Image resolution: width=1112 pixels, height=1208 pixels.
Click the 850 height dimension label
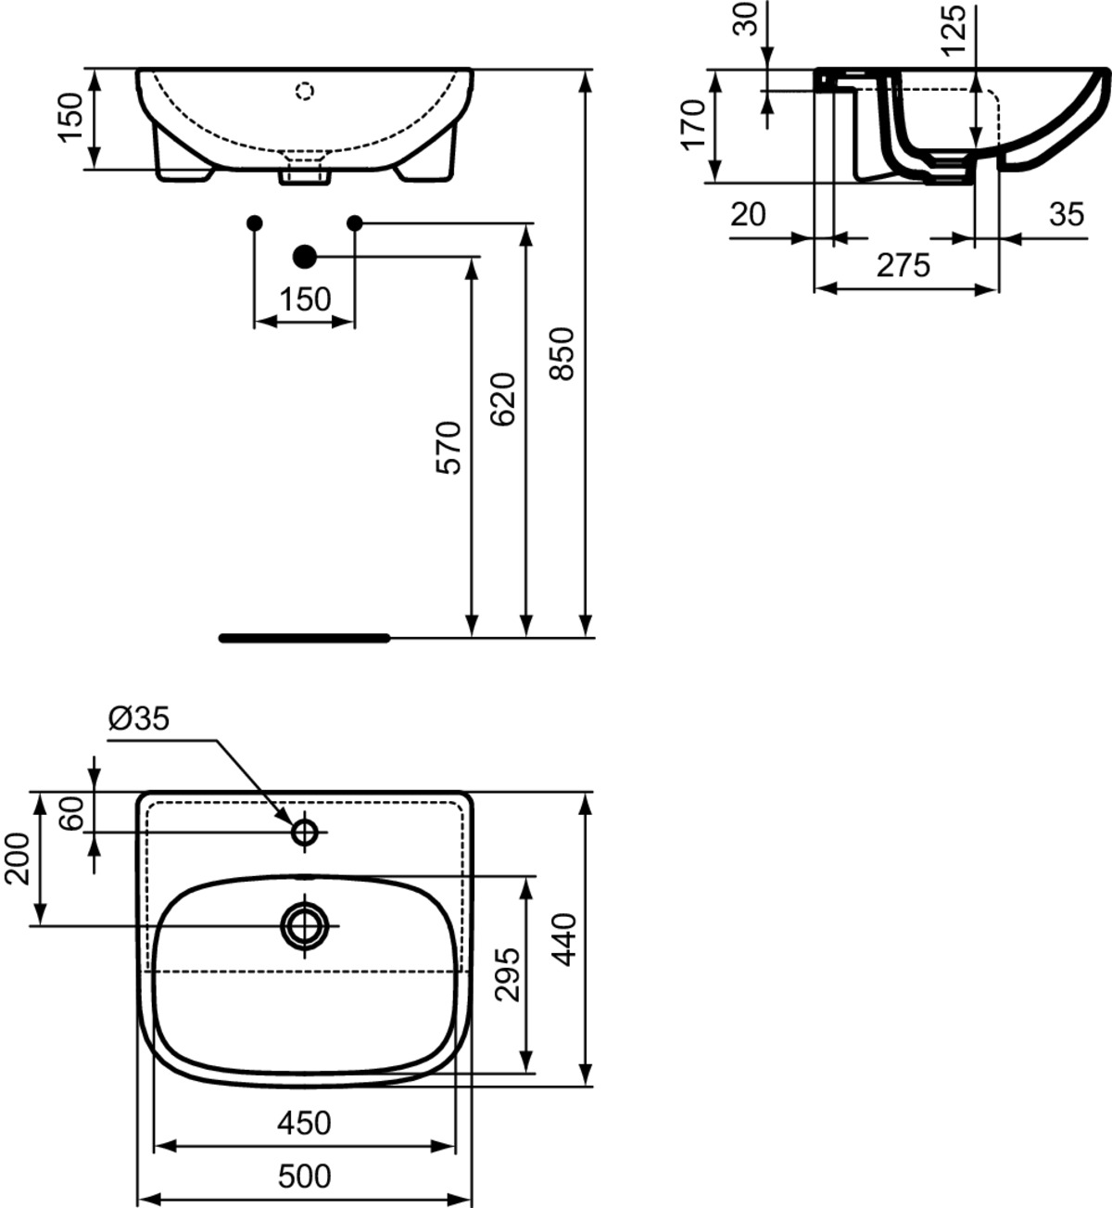(x=562, y=353)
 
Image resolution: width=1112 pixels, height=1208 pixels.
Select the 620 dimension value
(x=503, y=400)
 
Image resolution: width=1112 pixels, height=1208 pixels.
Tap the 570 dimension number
(x=449, y=448)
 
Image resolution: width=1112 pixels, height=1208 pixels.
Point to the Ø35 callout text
(x=139, y=718)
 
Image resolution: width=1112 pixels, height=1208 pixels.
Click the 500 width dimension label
(x=305, y=1176)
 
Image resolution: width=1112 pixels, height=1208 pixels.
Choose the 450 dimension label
(x=305, y=1123)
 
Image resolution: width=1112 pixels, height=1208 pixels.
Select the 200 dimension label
(x=17, y=858)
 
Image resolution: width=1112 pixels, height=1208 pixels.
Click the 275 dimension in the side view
(x=903, y=265)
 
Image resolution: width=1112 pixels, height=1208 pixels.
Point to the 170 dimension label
(x=693, y=134)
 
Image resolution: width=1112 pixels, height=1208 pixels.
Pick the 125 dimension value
(x=953, y=31)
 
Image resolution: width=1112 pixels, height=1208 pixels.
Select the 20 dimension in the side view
(x=749, y=214)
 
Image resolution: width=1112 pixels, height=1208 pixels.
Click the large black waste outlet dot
(x=305, y=257)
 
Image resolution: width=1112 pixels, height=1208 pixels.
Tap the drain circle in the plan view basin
(x=305, y=925)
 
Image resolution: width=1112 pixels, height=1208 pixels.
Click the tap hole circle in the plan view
(x=305, y=833)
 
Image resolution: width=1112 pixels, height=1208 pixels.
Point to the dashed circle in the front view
(x=305, y=91)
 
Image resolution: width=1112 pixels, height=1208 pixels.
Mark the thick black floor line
(x=305, y=639)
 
